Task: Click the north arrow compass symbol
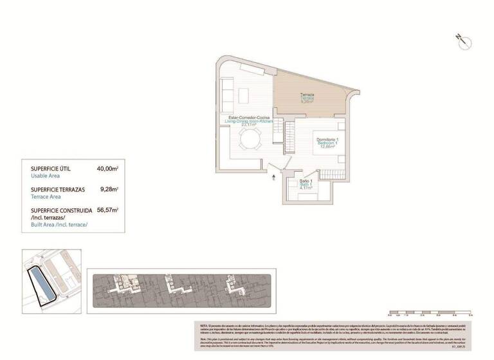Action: (x=464, y=41)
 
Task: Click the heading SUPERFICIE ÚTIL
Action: (x=51, y=168)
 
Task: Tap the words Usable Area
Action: (x=45, y=175)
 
